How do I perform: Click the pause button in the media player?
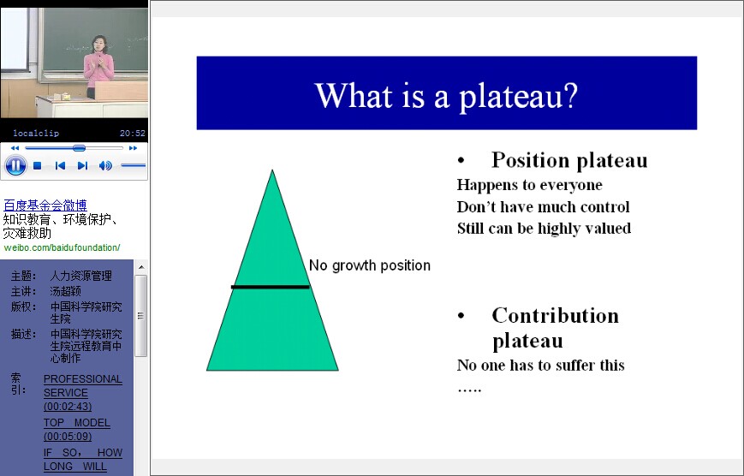coord(15,165)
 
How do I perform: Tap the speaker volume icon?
coord(105,165)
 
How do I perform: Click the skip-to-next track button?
coord(82,165)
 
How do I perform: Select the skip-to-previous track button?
coord(60,165)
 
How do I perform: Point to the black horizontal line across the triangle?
coord(271,287)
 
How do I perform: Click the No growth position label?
coord(370,265)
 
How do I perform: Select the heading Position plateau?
coord(569,160)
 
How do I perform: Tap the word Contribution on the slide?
coord(555,316)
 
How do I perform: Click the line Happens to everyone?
coord(529,185)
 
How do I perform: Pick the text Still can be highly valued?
coord(544,229)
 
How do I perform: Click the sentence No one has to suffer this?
coord(540,365)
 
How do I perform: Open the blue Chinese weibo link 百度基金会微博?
coord(45,205)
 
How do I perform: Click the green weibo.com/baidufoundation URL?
coord(62,247)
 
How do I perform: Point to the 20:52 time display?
coord(133,134)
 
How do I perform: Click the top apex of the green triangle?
coord(272,170)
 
